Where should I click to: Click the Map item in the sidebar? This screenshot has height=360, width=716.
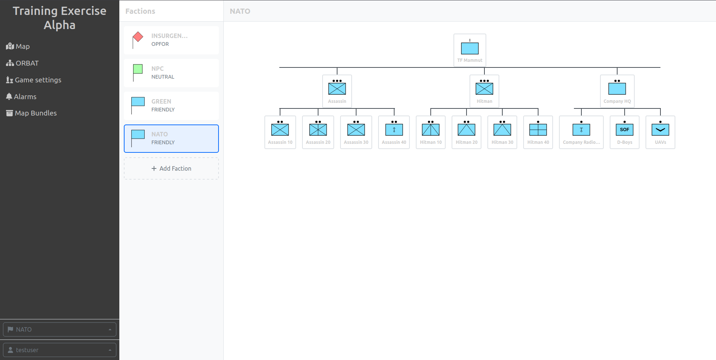(x=18, y=46)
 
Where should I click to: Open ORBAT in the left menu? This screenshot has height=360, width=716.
(x=22, y=63)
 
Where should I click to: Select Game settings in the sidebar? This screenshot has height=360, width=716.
(x=34, y=80)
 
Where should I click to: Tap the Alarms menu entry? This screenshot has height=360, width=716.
(x=21, y=97)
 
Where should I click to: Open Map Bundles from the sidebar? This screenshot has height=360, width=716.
(x=31, y=113)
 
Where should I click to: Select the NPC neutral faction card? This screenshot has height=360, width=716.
(x=171, y=73)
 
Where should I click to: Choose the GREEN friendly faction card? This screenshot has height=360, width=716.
(x=171, y=106)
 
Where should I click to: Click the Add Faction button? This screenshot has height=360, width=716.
(x=171, y=168)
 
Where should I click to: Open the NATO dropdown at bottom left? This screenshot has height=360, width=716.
(x=60, y=329)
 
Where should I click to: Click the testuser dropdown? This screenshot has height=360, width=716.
(x=60, y=350)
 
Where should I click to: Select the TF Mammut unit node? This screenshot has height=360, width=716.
(x=470, y=50)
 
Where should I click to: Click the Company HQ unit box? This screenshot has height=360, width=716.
(x=617, y=91)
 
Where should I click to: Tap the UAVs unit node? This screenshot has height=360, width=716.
(x=660, y=132)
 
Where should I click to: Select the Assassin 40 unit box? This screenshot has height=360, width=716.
(x=394, y=132)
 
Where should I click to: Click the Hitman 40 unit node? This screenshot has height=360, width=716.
(x=538, y=132)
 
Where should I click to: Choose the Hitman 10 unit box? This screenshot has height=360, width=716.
(x=431, y=132)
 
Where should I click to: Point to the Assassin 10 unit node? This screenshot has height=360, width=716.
(x=280, y=132)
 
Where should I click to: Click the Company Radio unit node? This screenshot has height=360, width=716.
(x=581, y=132)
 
